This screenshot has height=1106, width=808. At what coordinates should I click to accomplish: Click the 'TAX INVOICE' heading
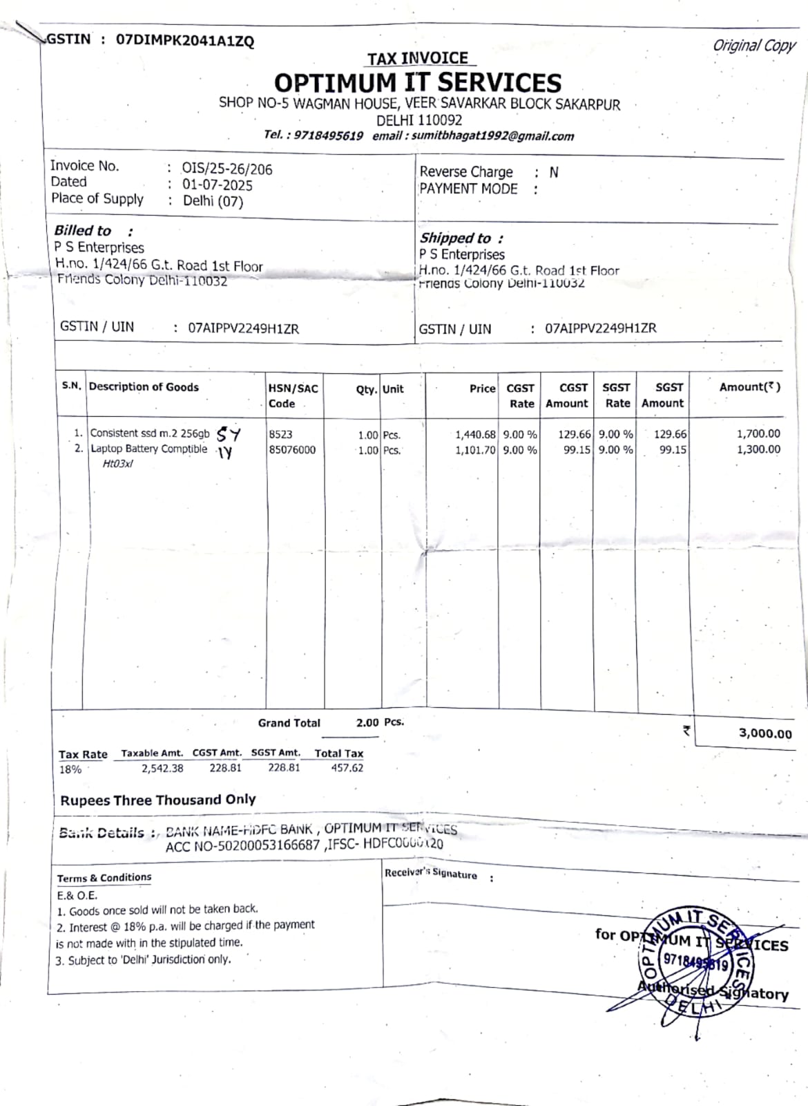tap(417, 58)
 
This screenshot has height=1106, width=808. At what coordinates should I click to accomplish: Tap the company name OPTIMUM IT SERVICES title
tap(418, 83)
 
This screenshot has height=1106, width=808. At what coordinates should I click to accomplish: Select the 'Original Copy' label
tap(754, 46)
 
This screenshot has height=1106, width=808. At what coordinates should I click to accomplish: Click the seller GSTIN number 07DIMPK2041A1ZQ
tap(184, 40)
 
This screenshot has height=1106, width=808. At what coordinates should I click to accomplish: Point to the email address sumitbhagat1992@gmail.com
tap(492, 136)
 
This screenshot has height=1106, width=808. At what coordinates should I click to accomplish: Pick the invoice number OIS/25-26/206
tap(227, 169)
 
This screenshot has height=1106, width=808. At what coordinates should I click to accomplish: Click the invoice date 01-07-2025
tap(218, 185)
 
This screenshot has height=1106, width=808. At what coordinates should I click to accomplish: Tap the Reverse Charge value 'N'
tap(554, 172)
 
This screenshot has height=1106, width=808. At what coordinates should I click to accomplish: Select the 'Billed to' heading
tap(83, 230)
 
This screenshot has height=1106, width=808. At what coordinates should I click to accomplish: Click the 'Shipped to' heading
tap(456, 238)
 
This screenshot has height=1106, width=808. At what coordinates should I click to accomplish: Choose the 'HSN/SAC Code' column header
tap(293, 395)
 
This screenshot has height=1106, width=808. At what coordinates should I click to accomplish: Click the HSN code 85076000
tap(292, 450)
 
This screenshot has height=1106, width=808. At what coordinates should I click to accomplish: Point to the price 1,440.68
tap(475, 435)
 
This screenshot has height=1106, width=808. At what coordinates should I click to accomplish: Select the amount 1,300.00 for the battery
tap(758, 449)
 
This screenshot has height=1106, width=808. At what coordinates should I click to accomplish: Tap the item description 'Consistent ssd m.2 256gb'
tap(150, 433)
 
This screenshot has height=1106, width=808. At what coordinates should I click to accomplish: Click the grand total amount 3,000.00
tap(765, 733)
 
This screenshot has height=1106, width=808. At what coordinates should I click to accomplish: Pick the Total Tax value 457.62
tap(347, 768)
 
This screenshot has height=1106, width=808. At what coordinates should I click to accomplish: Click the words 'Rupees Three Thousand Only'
tap(158, 800)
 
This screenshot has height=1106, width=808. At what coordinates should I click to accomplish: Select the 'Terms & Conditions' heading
tap(104, 878)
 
